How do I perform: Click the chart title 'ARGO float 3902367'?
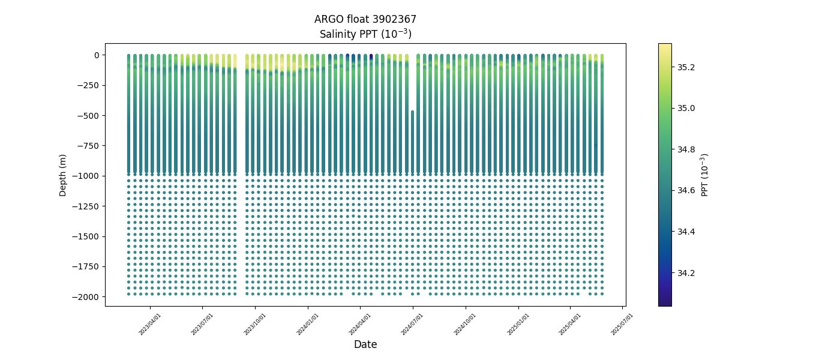(x=365, y=19)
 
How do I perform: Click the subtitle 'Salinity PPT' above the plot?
(x=365, y=34)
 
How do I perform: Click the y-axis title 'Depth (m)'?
(x=63, y=175)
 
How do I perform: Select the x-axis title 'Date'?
(x=365, y=344)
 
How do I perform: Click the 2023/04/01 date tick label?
(x=150, y=324)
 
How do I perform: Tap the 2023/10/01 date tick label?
(x=255, y=324)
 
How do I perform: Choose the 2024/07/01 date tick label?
(x=413, y=324)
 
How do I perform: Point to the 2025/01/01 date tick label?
(x=518, y=324)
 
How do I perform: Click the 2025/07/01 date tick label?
(x=622, y=324)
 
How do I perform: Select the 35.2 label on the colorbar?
(x=686, y=67)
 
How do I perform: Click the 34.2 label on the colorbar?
(x=686, y=273)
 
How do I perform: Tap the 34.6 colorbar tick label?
(x=686, y=191)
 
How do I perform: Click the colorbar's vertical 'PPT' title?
(x=705, y=175)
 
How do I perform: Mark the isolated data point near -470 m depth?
(x=412, y=112)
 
